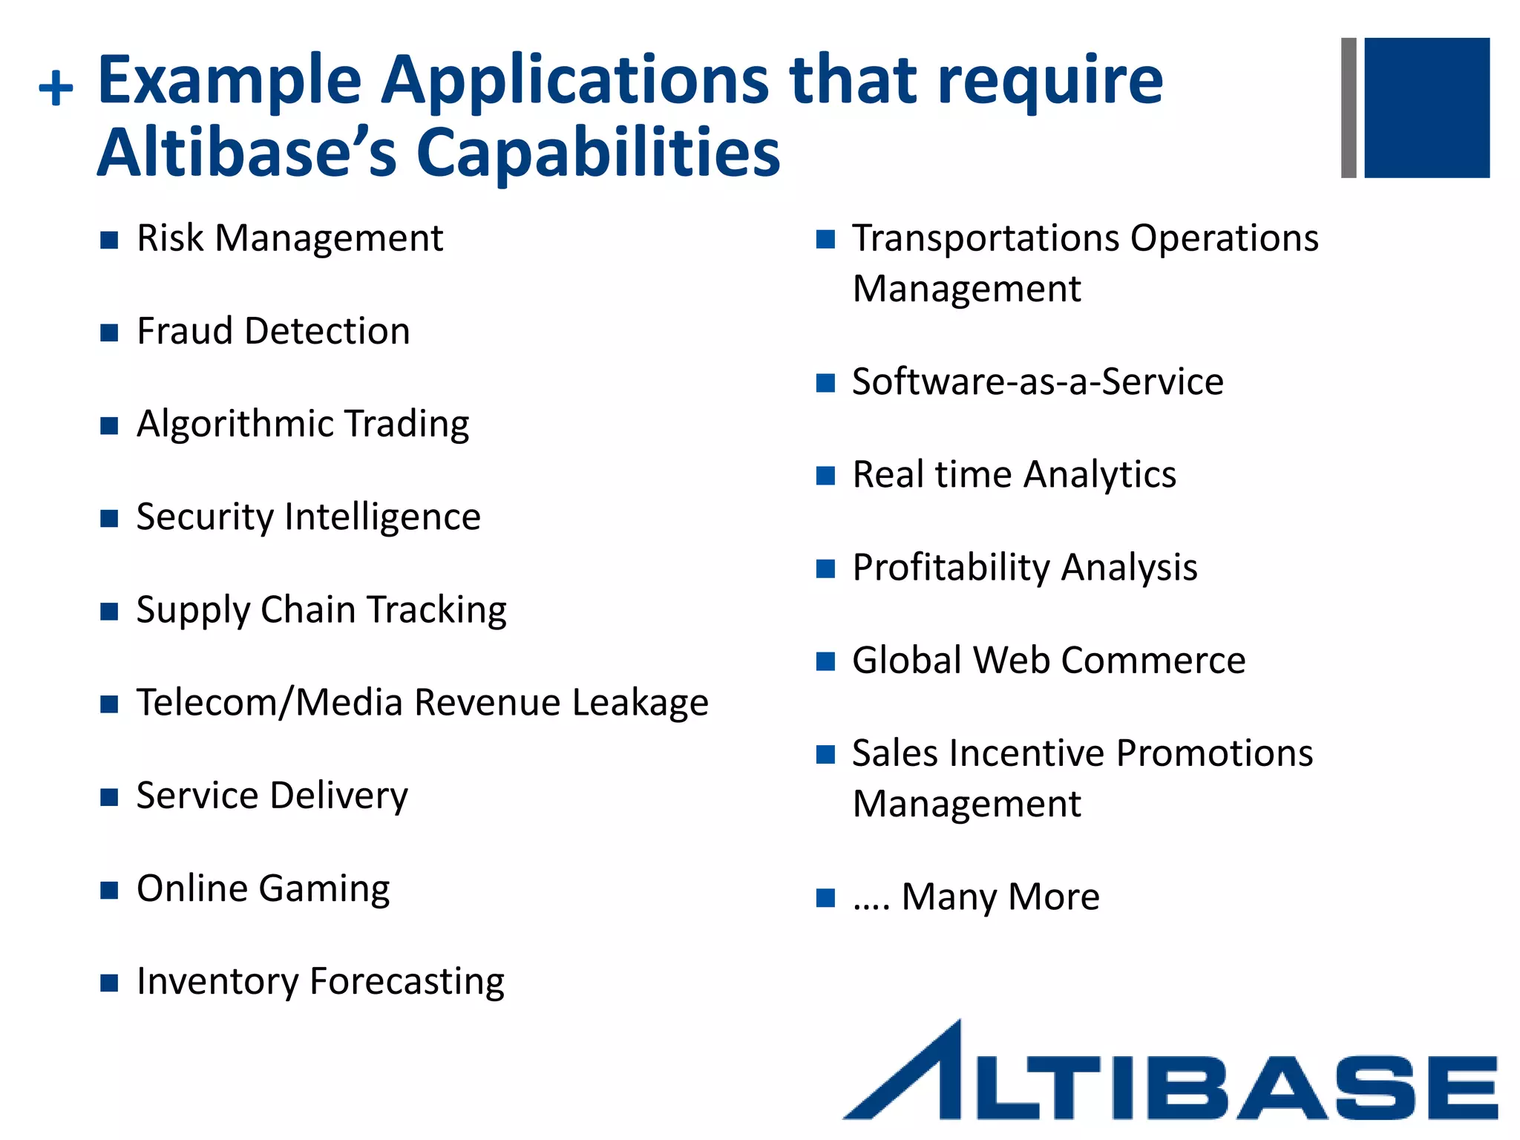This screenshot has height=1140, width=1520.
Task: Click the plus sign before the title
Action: pos(56,89)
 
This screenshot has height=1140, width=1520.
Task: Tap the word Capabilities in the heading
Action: pos(598,153)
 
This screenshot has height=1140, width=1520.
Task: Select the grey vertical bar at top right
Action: pos(1349,108)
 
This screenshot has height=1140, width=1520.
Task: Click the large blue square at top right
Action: pos(1426,108)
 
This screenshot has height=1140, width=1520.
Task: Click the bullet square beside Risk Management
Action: pos(109,240)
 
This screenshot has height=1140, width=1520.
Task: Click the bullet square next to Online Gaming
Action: pos(109,890)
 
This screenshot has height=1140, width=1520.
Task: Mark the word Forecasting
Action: pos(407,982)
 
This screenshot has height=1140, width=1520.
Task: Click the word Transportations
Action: pos(986,239)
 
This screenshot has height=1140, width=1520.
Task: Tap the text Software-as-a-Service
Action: pos(1038,382)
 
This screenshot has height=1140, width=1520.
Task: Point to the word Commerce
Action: pos(1163,661)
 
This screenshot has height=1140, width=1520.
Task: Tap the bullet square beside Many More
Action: pos(825,898)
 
